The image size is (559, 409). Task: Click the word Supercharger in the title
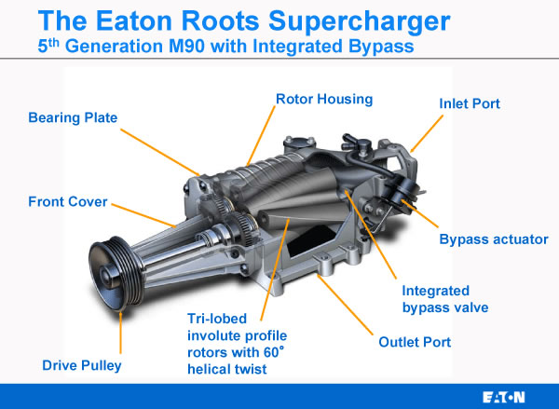(x=359, y=22)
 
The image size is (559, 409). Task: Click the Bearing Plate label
(x=73, y=117)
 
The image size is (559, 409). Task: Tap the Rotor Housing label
(x=324, y=99)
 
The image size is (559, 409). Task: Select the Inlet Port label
(x=470, y=103)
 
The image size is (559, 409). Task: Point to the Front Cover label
(x=68, y=202)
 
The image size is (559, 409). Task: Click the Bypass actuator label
(x=494, y=239)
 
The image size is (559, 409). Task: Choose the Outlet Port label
(x=415, y=342)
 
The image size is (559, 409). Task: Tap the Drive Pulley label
(x=82, y=365)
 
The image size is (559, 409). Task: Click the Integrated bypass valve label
(x=445, y=299)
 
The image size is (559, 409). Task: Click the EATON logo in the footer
(x=504, y=397)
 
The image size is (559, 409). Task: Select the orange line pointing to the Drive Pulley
(x=121, y=333)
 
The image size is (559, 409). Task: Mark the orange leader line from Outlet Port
(x=345, y=306)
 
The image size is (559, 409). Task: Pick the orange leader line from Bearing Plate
(x=160, y=152)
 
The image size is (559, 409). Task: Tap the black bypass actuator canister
(x=404, y=190)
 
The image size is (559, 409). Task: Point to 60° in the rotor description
(x=274, y=352)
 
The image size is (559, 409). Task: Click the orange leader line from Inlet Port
(x=427, y=133)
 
